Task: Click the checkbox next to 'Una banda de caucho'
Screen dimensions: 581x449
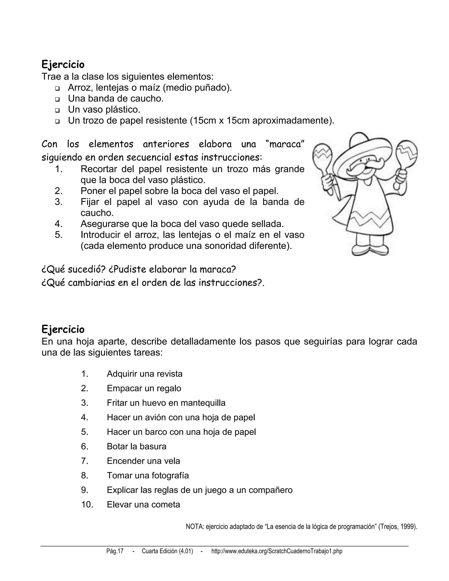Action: coord(57,100)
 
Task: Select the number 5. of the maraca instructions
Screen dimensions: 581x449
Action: coord(59,235)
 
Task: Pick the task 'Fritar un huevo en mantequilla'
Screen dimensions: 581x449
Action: coord(166,403)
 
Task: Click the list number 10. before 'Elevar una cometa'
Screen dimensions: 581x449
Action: coord(87,504)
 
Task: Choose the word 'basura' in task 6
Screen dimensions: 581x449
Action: coord(154,446)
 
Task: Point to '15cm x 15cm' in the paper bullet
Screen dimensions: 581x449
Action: coord(221,121)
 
